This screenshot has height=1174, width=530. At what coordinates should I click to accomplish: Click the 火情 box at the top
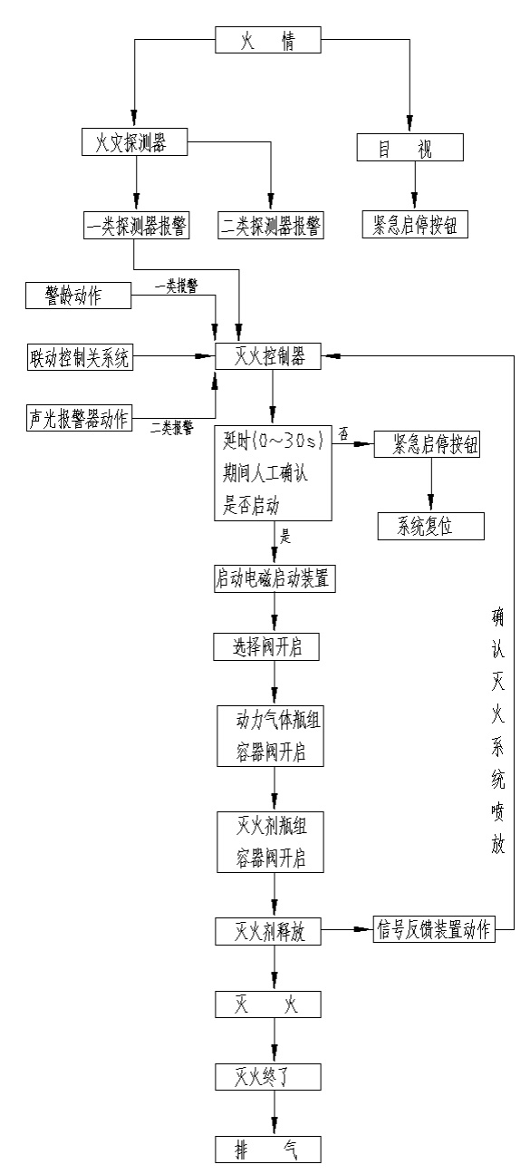268,42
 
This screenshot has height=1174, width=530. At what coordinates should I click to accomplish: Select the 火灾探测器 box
135,143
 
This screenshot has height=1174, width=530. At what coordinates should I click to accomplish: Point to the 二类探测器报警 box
271,225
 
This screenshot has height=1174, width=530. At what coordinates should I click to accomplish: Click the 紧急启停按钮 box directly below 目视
414,224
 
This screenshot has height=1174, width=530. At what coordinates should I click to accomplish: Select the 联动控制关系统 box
80,357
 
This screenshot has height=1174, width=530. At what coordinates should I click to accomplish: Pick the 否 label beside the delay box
343,434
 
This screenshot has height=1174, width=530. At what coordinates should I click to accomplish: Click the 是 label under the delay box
286,537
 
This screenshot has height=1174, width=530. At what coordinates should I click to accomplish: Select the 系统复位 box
430,526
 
